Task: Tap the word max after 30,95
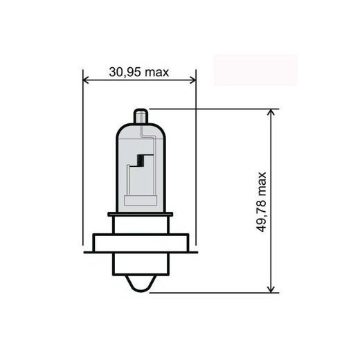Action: pyautogui.click(x=157, y=71)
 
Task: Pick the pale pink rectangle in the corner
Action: pyautogui.click(x=255, y=70)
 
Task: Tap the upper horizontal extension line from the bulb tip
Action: pyautogui.click(x=208, y=108)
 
